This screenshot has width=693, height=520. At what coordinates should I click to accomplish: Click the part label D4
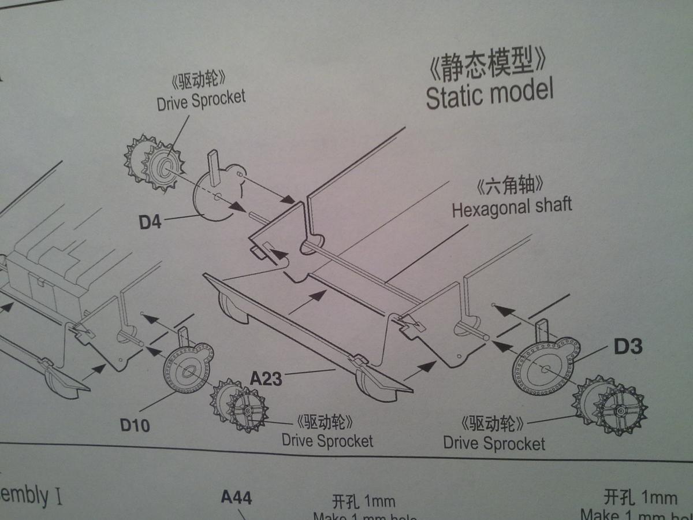(150, 222)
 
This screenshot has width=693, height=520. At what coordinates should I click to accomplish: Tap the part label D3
(628, 347)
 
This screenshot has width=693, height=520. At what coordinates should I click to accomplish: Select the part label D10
(135, 425)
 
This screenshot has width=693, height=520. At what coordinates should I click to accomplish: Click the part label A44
(236, 497)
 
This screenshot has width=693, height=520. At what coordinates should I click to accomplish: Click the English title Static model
(489, 94)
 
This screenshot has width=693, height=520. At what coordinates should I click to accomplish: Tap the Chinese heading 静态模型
(486, 65)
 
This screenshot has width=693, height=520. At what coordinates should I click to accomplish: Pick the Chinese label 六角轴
(511, 187)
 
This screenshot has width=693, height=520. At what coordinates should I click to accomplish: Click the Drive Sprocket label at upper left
(201, 100)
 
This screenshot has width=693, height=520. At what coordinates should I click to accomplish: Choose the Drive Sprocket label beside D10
(327, 441)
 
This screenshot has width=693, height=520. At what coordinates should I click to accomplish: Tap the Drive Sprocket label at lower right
(494, 444)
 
